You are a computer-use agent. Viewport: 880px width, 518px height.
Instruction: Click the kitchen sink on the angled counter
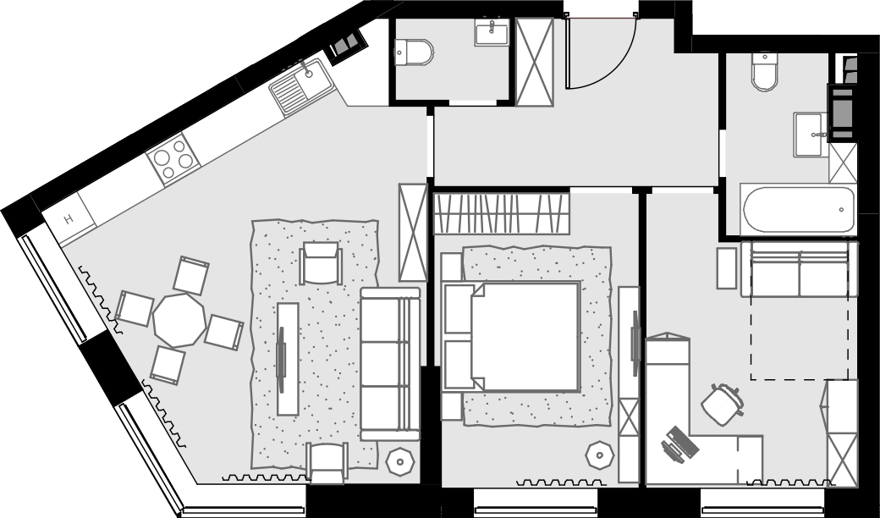tap(302, 87)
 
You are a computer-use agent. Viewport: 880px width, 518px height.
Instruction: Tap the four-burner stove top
tap(173, 159)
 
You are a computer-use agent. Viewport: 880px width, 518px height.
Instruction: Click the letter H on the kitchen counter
tap(69, 219)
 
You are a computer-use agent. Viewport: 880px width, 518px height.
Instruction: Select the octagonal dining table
tap(179, 320)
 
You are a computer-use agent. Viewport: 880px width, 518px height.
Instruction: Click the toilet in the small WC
tap(414, 52)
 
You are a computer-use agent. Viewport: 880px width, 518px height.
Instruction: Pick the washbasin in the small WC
tap(492, 32)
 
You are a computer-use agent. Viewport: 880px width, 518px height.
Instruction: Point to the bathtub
tap(798, 210)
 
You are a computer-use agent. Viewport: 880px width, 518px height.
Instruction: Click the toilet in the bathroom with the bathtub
tap(764, 72)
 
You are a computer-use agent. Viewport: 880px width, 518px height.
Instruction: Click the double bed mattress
tap(525, 336)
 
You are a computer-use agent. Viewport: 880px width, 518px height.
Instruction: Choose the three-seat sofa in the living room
tap(390, 364)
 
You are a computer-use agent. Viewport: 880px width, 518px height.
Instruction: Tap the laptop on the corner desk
tap(679, 444)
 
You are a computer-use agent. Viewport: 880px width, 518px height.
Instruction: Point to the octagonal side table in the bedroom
tap(599, 455)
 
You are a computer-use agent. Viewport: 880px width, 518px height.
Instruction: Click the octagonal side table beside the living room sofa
tap(400, 462)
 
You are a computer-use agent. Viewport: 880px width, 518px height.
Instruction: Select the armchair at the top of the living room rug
tap(321, 262)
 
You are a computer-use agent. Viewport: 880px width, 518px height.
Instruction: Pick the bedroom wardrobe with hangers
tap(502, 213)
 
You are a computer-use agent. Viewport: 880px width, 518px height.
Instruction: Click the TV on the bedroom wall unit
tap(635, 344)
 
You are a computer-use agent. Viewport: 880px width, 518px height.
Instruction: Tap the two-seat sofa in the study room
tap(799, 269)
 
